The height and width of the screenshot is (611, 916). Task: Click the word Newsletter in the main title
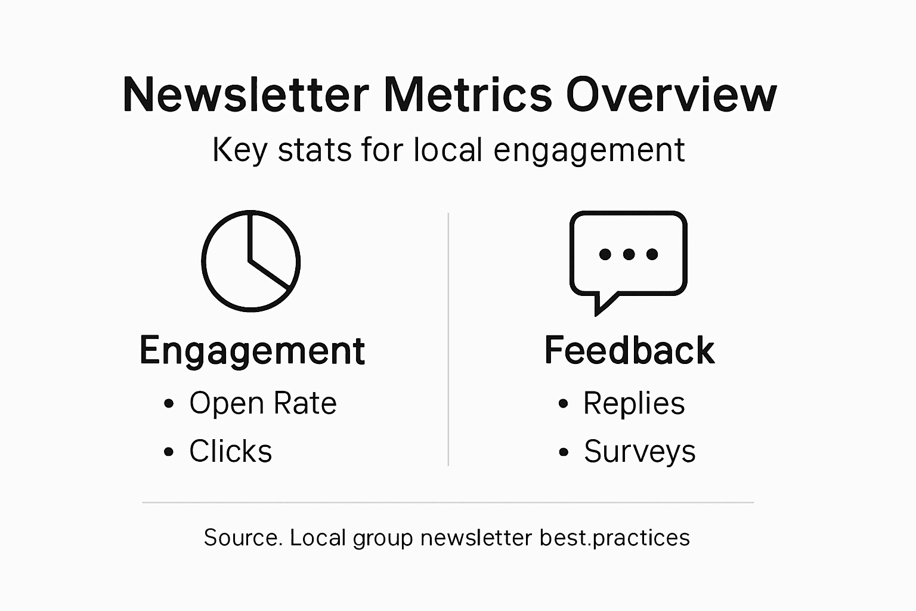click(x=246, y=95)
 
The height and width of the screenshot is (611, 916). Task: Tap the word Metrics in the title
click(x=468, y=95)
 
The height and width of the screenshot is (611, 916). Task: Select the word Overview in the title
click(x=671, y=95)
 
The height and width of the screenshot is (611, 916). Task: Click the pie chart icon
click(x=250, y=261)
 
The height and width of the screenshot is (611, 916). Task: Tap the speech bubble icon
click(x=629, y=254)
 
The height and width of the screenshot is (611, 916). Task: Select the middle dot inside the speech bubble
click(x=629, y=255)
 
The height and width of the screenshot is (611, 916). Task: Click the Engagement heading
click(x=252, y=350)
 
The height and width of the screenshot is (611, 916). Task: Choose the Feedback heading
click(x=629, y=350)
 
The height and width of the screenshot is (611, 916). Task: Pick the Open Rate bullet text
click(x=263, y=403)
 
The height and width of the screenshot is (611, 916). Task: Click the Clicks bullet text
click(x=230, y=451)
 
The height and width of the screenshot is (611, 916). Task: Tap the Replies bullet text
click(x=634, y=403)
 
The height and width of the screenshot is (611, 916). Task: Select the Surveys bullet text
click(x=639, y=451)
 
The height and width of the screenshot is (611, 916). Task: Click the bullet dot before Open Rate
click(x=169, y=404)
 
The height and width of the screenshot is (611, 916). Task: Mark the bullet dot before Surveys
click(x=564, y=452)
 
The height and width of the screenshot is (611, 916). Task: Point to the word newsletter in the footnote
click(x=476, y=538)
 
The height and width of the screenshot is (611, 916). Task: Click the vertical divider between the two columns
click(x=448, y=340)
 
